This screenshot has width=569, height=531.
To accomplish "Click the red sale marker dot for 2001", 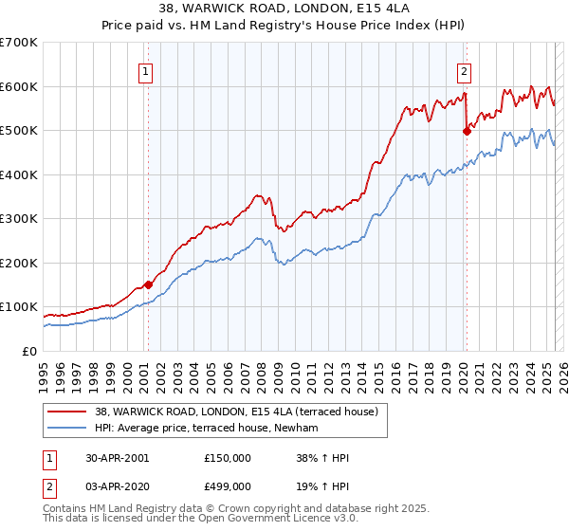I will click(x=148, y=284).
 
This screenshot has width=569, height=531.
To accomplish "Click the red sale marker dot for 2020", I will click(x=467, y=132).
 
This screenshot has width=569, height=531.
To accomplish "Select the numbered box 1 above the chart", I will click(x=148, y=70).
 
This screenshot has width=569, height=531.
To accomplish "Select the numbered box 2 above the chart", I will click(x=466, y=70).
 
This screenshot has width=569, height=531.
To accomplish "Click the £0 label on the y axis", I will click(x=28, y=351).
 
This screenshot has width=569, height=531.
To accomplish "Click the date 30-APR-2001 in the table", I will click(x=116, y=457).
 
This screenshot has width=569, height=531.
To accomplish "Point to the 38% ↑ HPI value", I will click(x=323, y=457).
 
